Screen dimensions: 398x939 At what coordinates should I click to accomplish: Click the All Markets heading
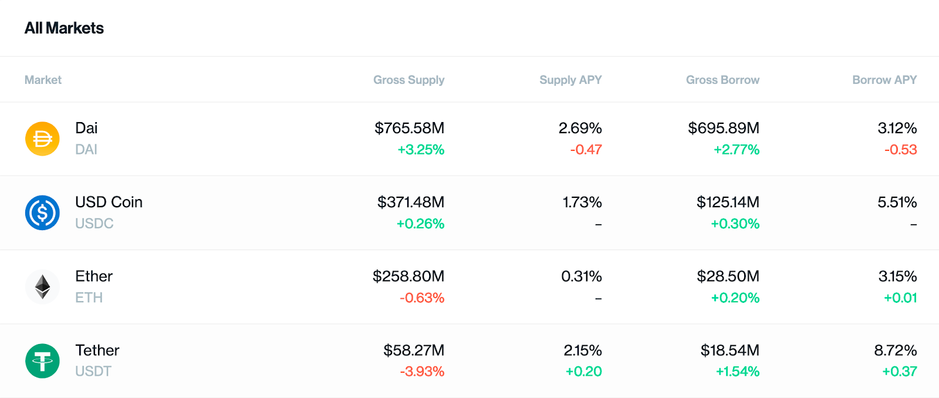pos(64,28)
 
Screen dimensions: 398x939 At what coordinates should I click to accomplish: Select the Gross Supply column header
pos(408,80)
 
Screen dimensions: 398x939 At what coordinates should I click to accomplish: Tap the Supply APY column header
pos(570,80)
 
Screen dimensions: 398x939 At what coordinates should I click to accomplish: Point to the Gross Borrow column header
pos(722,80)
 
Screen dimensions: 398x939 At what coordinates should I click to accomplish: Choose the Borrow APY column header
pos(884,80)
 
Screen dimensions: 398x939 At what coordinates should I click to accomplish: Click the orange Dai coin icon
pos(42,139)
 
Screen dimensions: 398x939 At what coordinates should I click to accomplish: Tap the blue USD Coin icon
pos(42,213)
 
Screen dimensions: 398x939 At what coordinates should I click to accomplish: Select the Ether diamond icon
pos(42,287)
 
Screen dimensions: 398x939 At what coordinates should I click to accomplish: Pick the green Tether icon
pos(42,360)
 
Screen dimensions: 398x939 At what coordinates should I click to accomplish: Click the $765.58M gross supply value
pos(409,128)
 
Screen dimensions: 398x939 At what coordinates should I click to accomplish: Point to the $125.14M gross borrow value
pos(728,202)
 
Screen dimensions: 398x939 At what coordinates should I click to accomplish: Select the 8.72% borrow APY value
pos(895,350)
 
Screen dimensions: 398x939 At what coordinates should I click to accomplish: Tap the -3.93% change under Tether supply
pos(422,372)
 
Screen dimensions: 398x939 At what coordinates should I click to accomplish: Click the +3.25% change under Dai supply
pos(421,150)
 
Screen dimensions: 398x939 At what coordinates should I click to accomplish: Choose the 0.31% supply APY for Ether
pos(582,276)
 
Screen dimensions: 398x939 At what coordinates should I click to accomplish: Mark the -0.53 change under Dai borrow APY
pos(900,150)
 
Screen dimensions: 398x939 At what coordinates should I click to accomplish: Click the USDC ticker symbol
pos(94,224)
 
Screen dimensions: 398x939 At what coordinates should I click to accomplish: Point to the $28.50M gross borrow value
pos(728,276)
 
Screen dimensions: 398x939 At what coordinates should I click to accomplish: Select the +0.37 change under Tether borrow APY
pos(899,372)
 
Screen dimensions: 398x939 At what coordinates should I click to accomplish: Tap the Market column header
pos(43,80)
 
